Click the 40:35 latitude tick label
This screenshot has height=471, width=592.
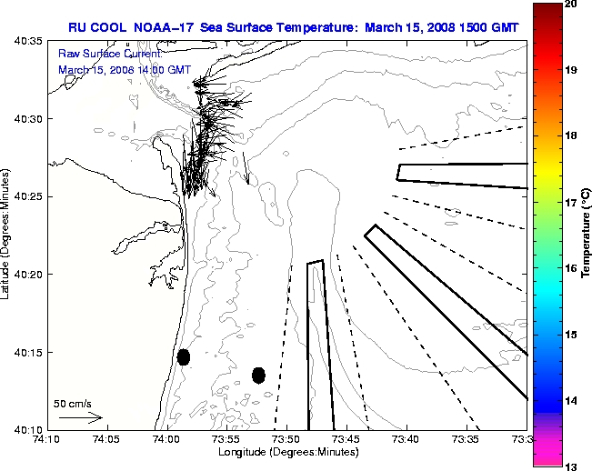29,42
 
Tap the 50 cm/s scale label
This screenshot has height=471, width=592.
73,403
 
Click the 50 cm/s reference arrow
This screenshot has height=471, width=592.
80,417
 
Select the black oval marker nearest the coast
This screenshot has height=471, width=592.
184,356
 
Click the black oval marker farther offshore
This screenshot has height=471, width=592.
258,375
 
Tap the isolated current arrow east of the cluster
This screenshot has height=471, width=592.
246,168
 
